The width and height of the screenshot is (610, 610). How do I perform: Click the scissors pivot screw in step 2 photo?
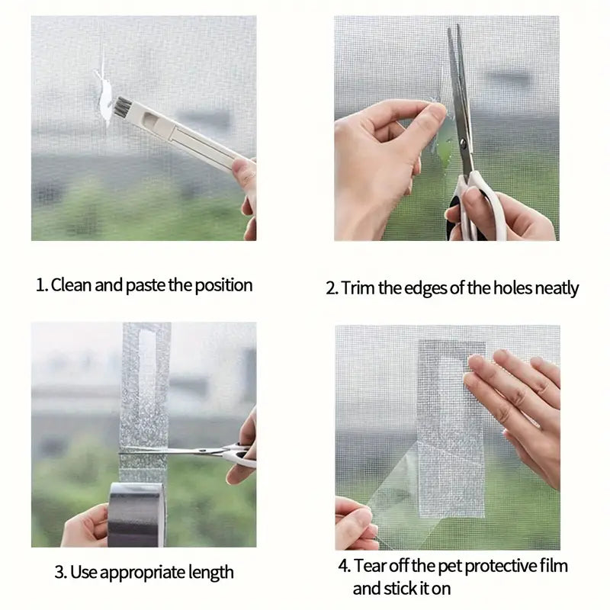point(463,143)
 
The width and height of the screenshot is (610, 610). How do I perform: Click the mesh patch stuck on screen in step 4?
point(451,427)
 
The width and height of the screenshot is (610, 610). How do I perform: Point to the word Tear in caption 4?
point(369,567)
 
